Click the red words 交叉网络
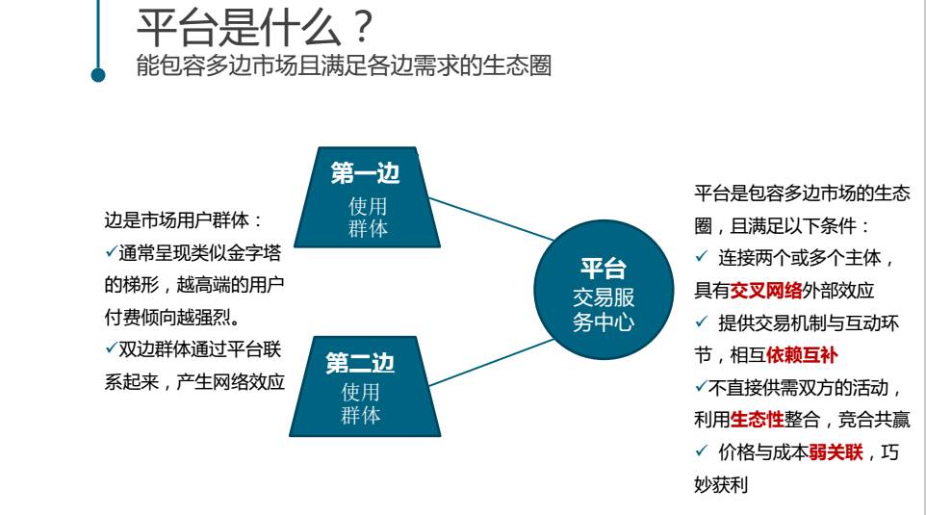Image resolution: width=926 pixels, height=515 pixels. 766,291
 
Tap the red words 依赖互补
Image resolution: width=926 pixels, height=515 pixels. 802,355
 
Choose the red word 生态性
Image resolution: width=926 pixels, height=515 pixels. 757,420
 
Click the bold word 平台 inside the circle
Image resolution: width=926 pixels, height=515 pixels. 604,270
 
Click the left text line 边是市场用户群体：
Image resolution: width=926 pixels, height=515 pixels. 183,220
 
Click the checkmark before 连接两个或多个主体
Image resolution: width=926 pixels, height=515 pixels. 701,258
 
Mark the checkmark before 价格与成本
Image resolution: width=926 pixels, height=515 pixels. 701,452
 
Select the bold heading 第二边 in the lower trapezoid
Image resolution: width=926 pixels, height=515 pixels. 360,364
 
